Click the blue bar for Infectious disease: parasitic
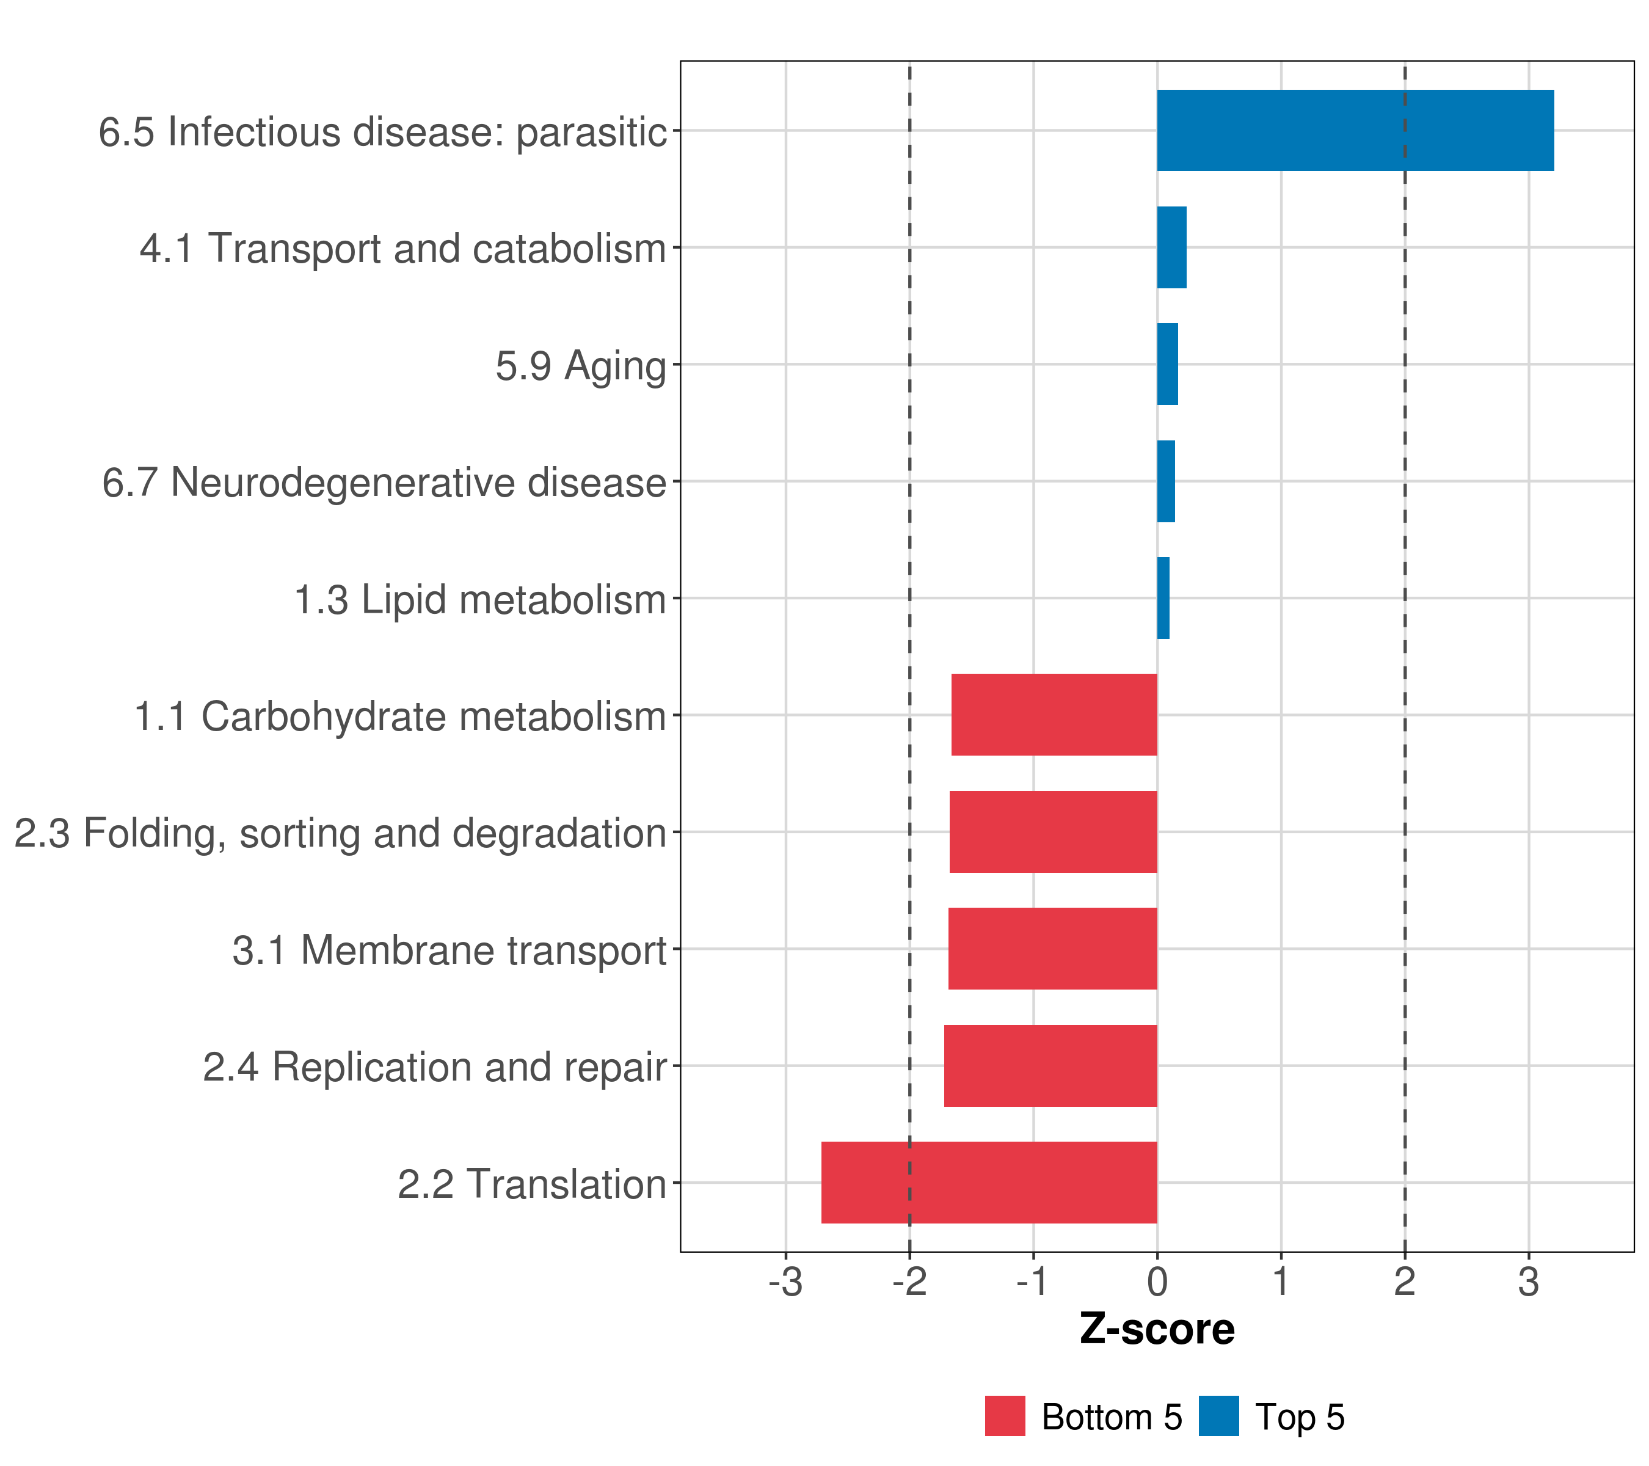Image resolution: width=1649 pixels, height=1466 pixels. click(x=1355, y=130)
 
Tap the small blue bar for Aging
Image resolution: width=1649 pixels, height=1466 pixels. click(x=1167, y=364)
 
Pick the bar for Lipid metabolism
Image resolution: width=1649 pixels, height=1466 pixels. click(x=1163, y=598)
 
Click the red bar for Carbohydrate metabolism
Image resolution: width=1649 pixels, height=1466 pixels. click(x=1054, y=715)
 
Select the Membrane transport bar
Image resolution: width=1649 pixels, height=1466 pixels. click(x=1052, y=949)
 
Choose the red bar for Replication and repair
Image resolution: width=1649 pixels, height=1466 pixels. click(x=1050, y=1066)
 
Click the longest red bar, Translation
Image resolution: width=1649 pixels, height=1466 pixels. click(x=989, y=1183)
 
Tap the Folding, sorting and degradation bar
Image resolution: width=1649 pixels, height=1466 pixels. click(x=1053, y=832)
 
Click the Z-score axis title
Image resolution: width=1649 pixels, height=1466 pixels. click(x=1157, y=1330)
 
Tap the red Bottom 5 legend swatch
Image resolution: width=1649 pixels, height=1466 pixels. click(x=1005, y=1416)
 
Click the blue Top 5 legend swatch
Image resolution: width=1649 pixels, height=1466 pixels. click(x=1218, y=1416)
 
